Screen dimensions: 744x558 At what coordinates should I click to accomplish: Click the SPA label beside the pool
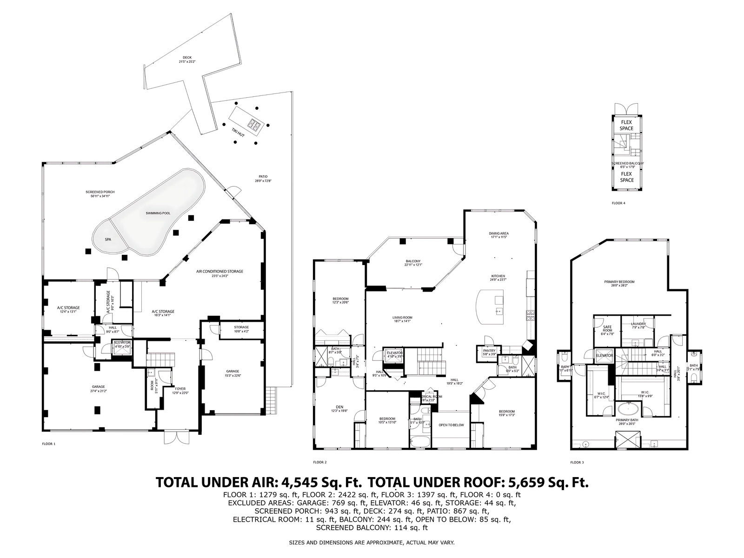(108, 239)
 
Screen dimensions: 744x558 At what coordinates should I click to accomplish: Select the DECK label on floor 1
(187, 58)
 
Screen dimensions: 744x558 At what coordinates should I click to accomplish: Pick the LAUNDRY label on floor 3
(638, 324)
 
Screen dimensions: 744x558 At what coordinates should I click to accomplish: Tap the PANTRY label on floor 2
(489, 351)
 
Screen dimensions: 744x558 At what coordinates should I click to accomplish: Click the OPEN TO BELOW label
(451, 425)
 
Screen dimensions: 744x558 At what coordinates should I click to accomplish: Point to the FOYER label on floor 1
(180, 389)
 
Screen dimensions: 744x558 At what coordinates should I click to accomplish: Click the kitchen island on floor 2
(490, 309)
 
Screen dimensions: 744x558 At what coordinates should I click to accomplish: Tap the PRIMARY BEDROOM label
(619, 282)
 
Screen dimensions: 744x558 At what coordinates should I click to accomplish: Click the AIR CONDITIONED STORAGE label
(219, 271)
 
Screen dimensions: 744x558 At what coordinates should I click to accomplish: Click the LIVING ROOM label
(402, 318)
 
